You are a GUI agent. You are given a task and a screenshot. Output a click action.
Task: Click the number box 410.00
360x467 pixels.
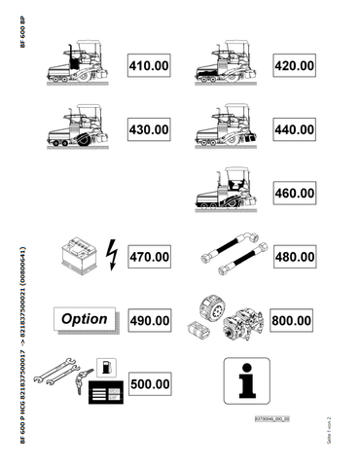pos(148,65)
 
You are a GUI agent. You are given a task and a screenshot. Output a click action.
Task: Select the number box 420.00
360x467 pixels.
pos(293,65)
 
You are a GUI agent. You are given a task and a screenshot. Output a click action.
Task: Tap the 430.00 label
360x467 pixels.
pos(148,129)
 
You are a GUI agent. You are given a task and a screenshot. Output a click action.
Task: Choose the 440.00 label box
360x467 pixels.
pos(293,129)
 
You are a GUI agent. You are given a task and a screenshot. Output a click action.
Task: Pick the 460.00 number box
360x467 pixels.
pos(293,194)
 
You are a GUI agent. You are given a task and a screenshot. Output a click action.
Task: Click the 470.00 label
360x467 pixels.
pos(148,258)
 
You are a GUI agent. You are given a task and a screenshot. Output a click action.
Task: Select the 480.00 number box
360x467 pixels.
pos(293,258)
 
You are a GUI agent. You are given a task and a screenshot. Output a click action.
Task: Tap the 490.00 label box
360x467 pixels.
pos(148,320)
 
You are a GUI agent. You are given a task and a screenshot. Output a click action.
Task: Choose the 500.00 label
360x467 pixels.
pos(148,384)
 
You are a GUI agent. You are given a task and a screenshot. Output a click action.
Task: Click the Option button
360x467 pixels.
pos(85,319)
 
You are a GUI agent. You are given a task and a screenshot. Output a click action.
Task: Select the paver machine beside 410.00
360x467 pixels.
pos(85,63)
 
